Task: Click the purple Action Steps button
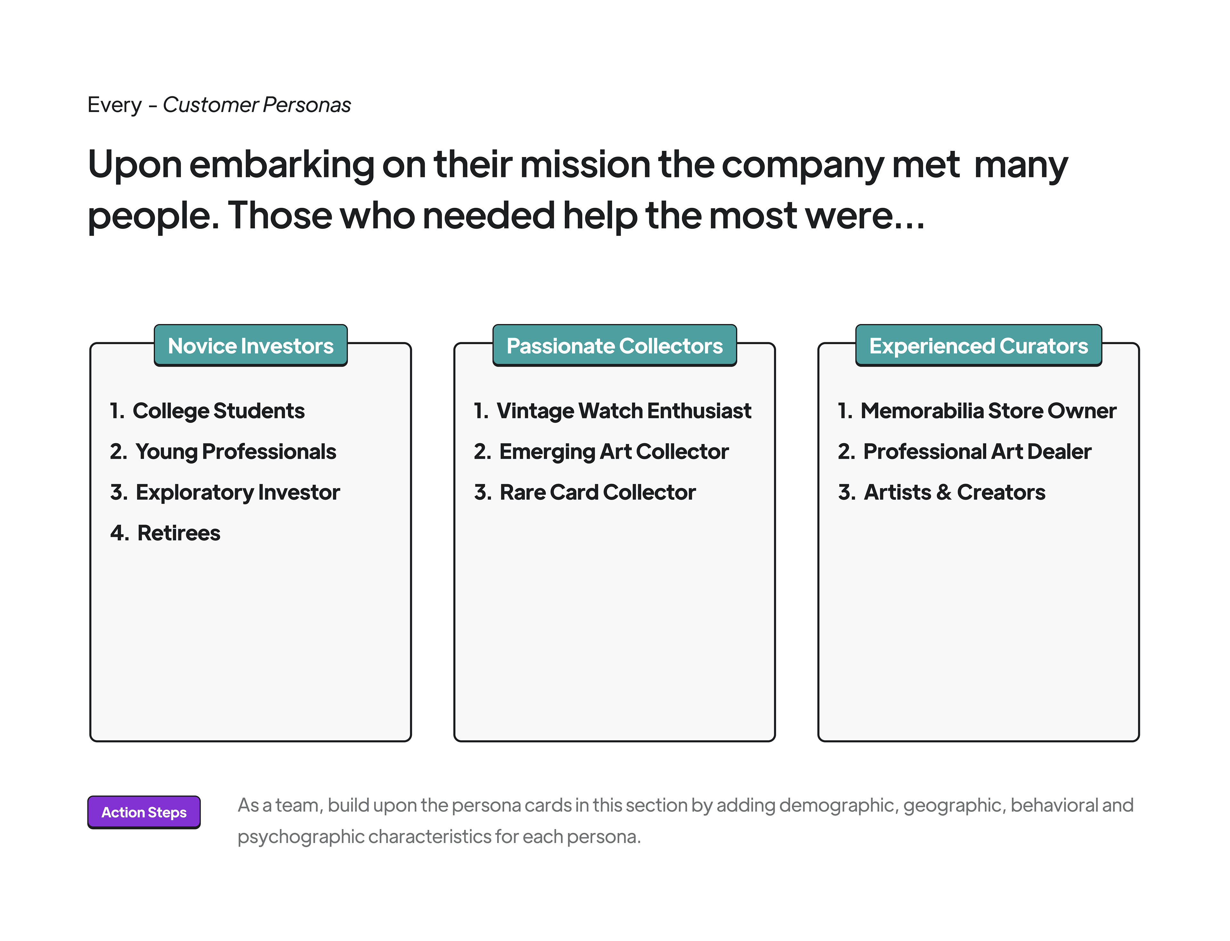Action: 144,812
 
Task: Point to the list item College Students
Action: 218,411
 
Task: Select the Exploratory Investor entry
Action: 238,493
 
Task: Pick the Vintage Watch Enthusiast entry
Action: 624,411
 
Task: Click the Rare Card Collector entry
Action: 597,493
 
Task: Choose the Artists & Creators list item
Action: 954,493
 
